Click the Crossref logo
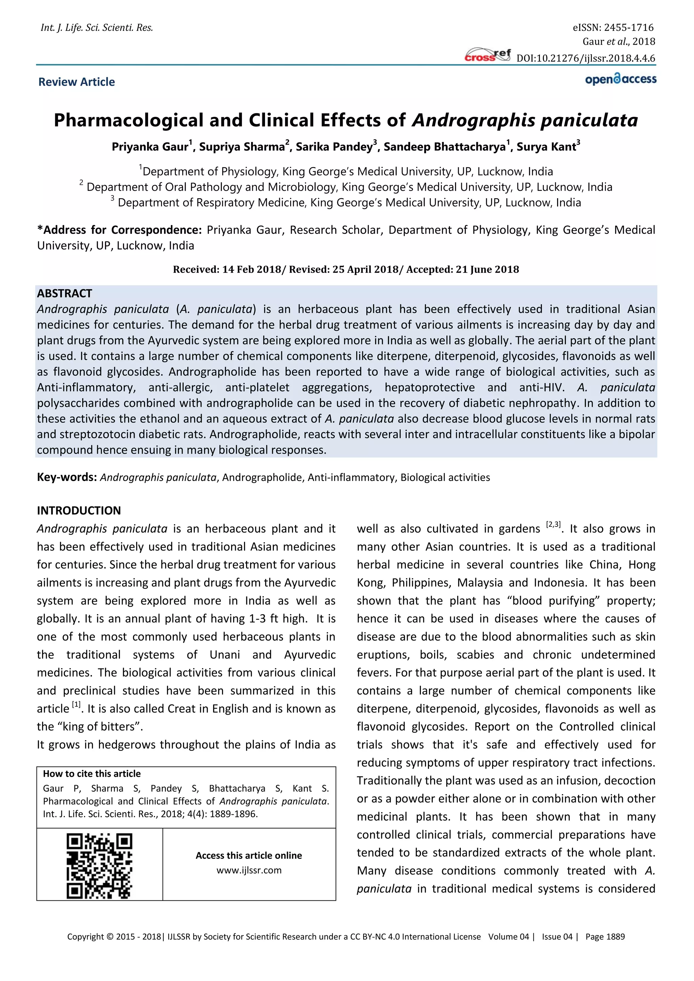point(488,56)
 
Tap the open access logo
point(620,80)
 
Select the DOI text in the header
point(586,59)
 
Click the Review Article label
point(77,82)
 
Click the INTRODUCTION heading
point(79,510)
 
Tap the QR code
point(100,865)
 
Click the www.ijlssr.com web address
point(249,870)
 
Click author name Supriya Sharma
point(242,147)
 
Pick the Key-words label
point(67,477)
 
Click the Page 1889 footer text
point(605,937)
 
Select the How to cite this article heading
point(91,774)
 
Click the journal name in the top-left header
point(97,28)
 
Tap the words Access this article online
point(249,855)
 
